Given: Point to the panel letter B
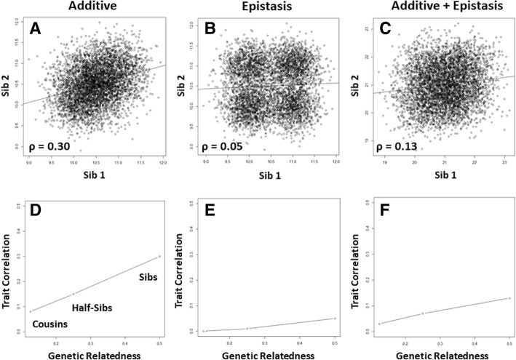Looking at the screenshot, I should pyautogui.click(x=207, y=31).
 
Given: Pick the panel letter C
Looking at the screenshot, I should pyautogui.click(x=378, y=31).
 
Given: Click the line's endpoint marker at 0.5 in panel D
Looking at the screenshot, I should pyautogui.click(x=159, y=256).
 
